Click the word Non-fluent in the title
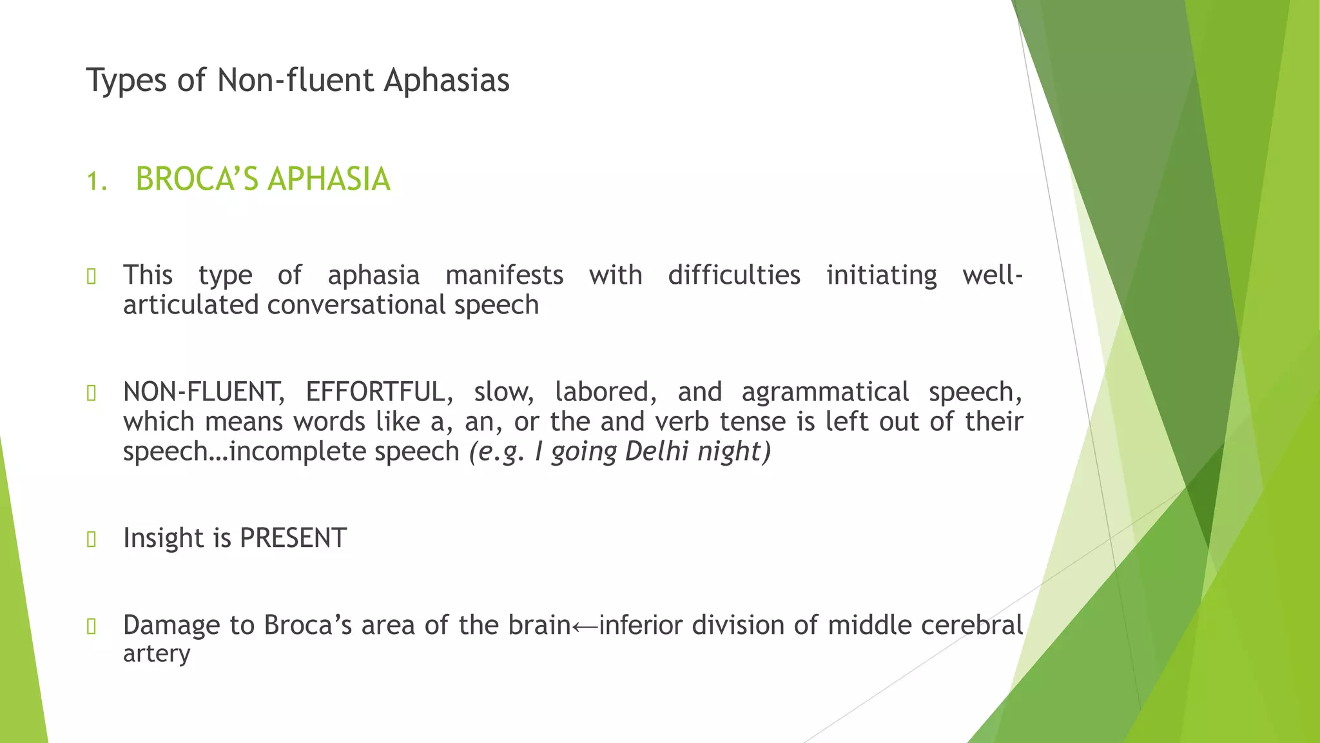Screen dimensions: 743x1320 295,81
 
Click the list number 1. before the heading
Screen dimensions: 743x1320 97,181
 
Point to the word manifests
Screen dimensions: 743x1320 504,275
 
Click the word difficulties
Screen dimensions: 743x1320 734,275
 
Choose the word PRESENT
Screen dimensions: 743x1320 293,538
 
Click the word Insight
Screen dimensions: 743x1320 164,538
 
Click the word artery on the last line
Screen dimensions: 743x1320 157,654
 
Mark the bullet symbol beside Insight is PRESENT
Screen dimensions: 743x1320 92,539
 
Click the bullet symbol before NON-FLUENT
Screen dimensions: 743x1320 92,393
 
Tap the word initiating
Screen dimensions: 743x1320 882,275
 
